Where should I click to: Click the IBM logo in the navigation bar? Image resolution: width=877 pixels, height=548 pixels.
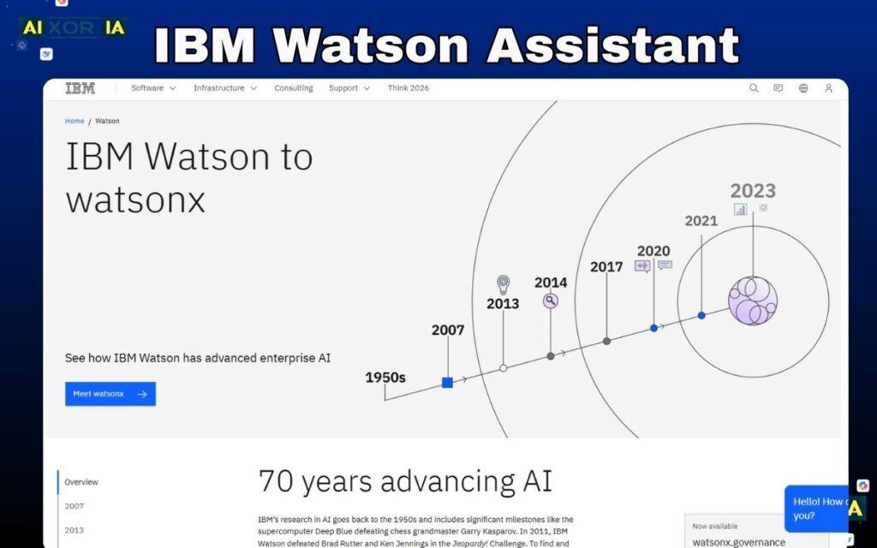pyautogui.click(x=80, y=88)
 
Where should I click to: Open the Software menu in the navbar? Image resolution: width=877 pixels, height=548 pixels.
pyautogui.click(x=153, y=88)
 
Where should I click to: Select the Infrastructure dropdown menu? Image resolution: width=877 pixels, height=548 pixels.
pyautogui.click(x=224, y=88)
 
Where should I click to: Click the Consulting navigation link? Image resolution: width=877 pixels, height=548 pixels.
pyautogui.click(x=294, y=88)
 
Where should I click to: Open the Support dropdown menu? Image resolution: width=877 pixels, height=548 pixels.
pyautogui.click(x=349, y=88)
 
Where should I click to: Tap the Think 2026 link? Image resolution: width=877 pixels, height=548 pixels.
pyautogui.click(x=409, y=88)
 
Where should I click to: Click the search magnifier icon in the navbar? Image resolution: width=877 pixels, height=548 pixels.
pyautogui.click(x=754, y=88)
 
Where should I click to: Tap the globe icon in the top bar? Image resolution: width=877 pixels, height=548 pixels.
pyautogui.click(x=803, y=88)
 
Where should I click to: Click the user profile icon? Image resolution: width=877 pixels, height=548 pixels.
pyautogui.click(x=828, y=88)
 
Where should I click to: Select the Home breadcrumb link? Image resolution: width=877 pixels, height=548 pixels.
pyautogui.click(x=75, y=122)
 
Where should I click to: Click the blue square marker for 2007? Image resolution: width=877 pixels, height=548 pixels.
pyautogui.click(x=447, y=383)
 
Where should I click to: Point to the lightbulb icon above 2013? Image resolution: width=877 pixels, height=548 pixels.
pyautogui.click(x=504, y=284)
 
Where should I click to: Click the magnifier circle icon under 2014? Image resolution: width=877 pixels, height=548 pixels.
pyautogui.click(x=551, y=301)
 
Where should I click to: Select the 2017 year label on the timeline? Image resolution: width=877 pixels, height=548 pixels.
pyautogui.click(x=606, y=267)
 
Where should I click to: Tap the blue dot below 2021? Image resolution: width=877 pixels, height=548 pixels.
pyautogui.click(x=701, y=316)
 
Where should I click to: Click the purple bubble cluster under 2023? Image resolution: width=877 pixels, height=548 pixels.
pyautogui.click(x=753, y=301)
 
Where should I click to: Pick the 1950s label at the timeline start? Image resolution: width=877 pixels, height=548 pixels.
pyautogui.click(x=385, y=378)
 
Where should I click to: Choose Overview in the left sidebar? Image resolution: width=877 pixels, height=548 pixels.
pyautogui.click(x=81, y=482)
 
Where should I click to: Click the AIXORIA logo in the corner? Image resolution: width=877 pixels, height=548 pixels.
pyautogui.click(x=74, y=28)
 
